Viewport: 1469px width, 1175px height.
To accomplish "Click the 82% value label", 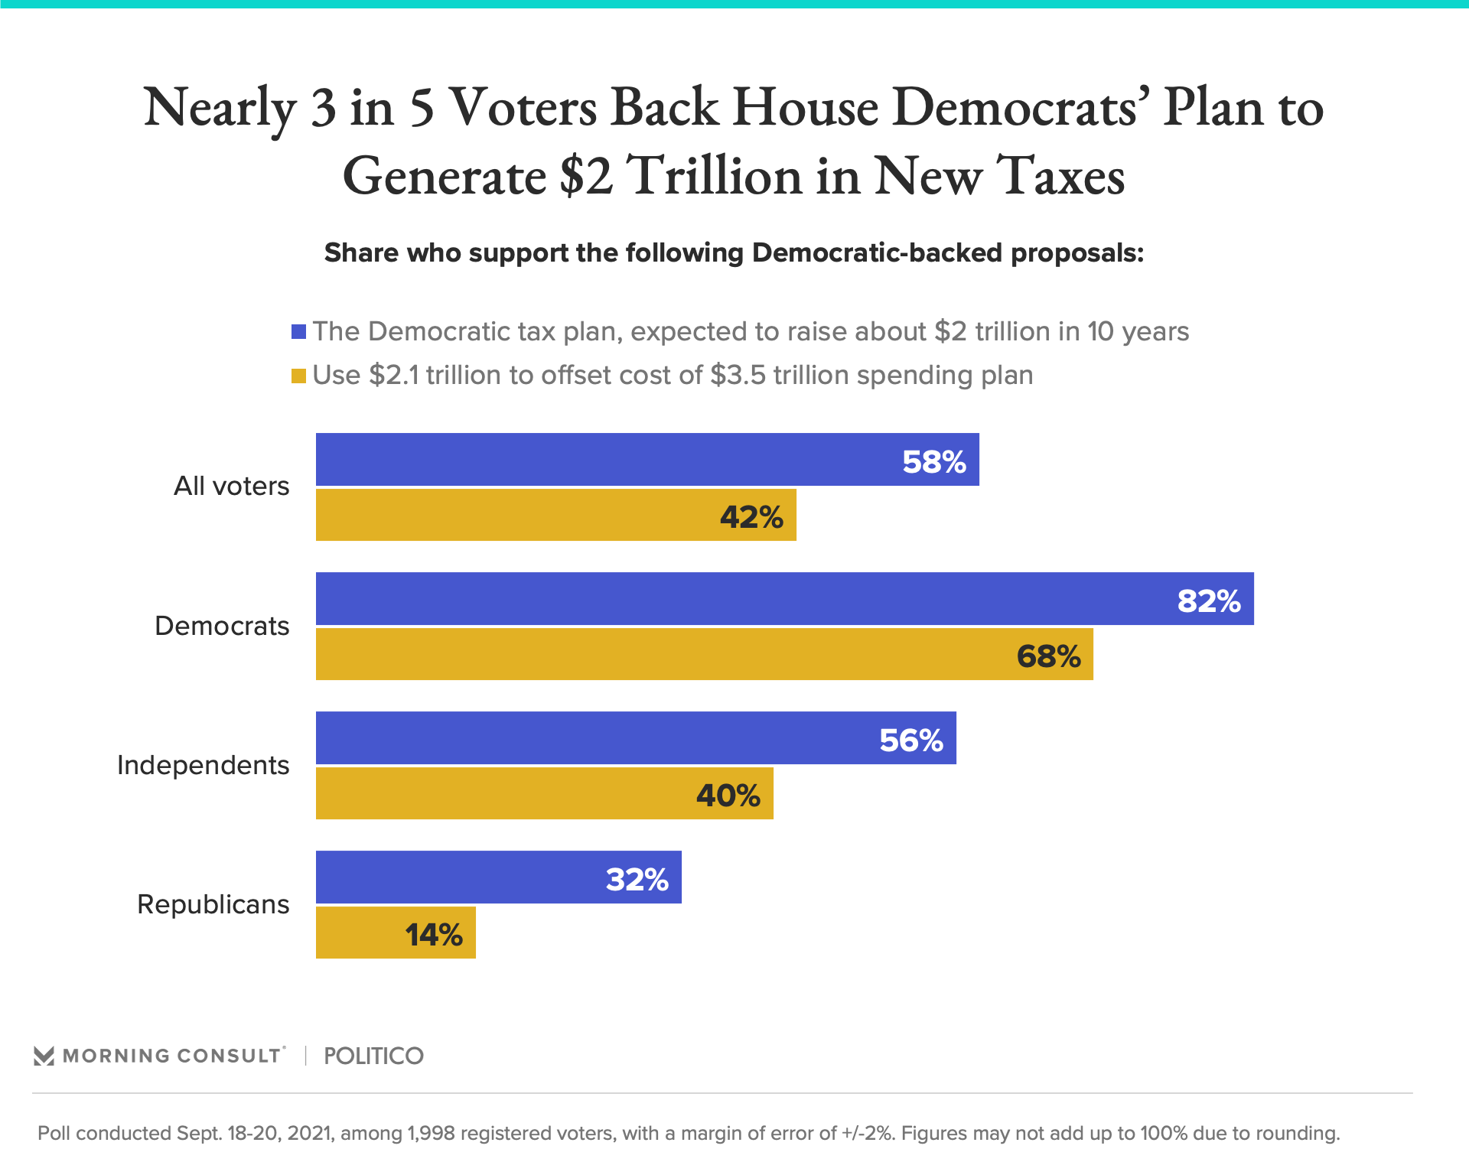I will coord(1209,601).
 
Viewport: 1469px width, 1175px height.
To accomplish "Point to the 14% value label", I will coord(434,935).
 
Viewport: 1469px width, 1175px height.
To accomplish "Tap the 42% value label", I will coord(751,518).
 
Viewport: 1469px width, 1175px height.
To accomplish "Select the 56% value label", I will coord(911,740).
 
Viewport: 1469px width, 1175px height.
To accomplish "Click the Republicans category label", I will coord(213,904).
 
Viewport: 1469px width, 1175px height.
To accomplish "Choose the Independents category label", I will coord(203,765).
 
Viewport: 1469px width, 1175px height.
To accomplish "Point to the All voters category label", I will coord(231,487).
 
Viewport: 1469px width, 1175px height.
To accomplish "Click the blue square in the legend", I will coord(299,332).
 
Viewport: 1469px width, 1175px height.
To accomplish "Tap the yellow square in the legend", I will coord(299,376).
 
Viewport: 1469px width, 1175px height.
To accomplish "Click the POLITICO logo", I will coord(373,1056).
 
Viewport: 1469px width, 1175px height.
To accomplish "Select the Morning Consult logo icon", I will coord(44,1056).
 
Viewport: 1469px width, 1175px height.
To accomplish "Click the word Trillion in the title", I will coord(715,176).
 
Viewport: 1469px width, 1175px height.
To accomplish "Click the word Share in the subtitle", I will coord(362,253).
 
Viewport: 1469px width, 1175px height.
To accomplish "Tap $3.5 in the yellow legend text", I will coord(738,376).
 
